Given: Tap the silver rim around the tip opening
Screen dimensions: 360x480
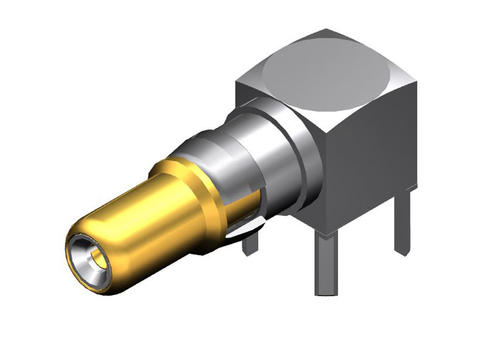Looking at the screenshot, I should click(x=78, y=240).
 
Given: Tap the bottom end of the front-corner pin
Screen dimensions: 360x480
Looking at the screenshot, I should click(x=327, y=293).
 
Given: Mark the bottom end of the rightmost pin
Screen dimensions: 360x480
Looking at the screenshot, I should click(x=402, y=252).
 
